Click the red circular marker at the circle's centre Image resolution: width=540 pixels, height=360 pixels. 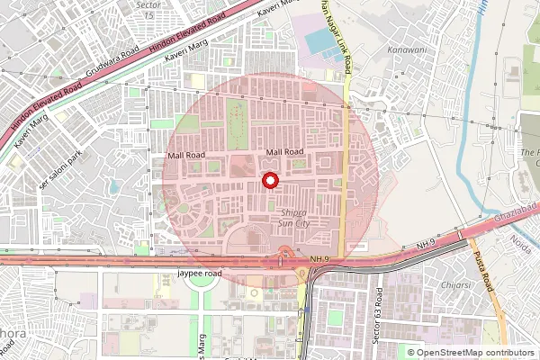tap(269, 181)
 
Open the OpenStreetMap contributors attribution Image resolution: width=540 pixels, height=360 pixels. tap(475, 353)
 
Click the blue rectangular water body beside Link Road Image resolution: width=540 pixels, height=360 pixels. tap(320, 41)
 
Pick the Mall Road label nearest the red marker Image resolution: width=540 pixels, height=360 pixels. tap(285, 153)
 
